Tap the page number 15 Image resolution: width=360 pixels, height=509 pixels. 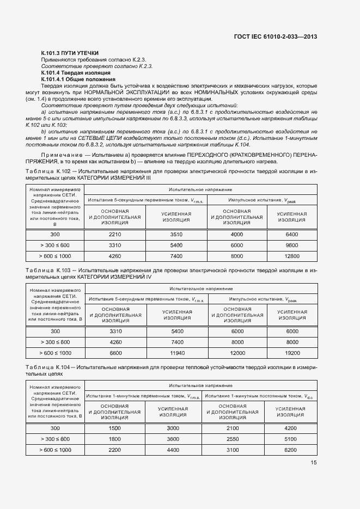[x=314, y=463]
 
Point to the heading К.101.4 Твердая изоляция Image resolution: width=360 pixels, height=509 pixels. [x=76, y=72]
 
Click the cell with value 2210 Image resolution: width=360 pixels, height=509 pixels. [x=114, y=234]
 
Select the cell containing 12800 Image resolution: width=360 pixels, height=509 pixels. [x=292, y=256]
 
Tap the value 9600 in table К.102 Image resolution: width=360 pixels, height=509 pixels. [x=292, y=245]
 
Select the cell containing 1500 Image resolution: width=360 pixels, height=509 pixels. [x=114, y=428]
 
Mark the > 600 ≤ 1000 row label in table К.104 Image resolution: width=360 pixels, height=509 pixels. [x=55, y=450]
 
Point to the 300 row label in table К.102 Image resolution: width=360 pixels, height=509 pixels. [x=55, y=234]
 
